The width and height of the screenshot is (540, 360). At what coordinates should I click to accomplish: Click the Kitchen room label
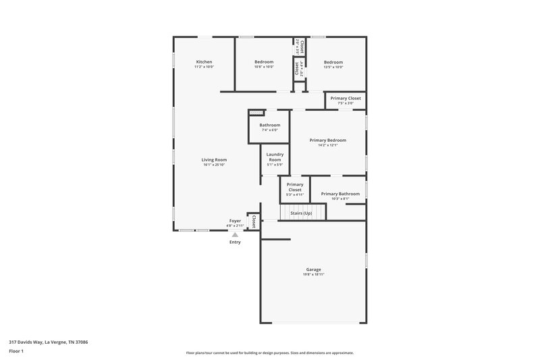pos(204,61)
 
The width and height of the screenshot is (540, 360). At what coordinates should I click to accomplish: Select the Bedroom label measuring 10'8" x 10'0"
pos(264,61)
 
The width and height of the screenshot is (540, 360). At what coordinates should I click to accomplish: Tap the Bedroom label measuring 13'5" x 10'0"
pos(333,61)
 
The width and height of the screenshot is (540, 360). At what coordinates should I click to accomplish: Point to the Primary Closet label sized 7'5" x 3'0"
pos(345,98)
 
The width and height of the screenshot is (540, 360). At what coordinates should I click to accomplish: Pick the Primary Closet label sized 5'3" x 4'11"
pos(294,187)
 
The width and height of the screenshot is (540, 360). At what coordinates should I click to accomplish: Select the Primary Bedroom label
pos(328,140)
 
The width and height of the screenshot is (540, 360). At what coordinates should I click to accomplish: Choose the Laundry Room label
pos(275,157)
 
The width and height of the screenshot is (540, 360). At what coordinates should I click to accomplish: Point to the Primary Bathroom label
pos(340,194)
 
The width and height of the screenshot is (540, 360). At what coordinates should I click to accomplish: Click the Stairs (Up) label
pos(301,213)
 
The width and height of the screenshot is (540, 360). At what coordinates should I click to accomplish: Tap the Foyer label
pos(235,221)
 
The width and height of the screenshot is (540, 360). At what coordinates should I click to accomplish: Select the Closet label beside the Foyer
pos(254,221)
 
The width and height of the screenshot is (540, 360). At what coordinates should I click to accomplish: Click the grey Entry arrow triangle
pos(235,234)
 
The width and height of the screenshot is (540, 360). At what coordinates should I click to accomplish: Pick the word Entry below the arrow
pos(235,242)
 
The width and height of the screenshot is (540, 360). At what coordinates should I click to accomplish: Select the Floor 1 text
pos(16,352)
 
